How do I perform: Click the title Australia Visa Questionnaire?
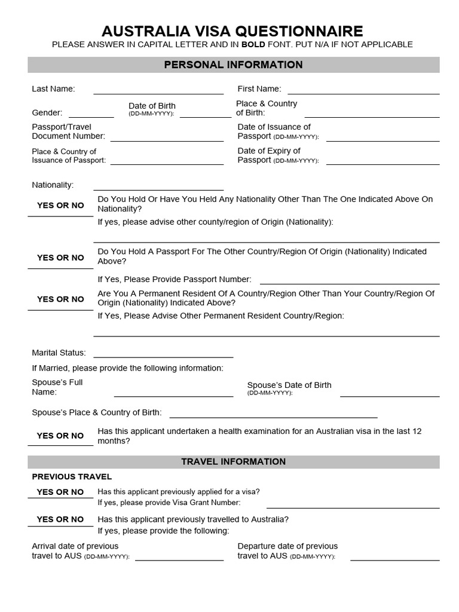(x=232, y=31)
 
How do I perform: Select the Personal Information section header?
(x=233, y=65)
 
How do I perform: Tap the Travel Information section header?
(x=233, y=462)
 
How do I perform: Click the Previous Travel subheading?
(x=72, y=477)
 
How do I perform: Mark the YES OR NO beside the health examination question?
(x=60, y=436)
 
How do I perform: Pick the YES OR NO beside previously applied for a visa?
(x=60, y=492)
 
